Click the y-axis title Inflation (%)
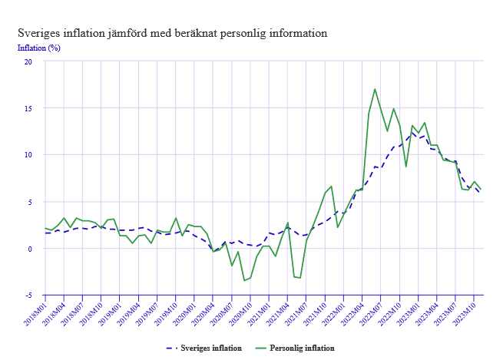point(38,48)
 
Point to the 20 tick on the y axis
point(28,61)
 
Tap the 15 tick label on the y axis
point(28,108)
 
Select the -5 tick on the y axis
point(29,295)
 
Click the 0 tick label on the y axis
point(31,249)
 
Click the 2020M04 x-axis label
point(205,312)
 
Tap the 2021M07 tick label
point(299,312)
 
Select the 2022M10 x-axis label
point(392,312)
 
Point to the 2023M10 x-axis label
point(468,312)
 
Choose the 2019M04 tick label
point(130,312)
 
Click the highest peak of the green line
point(375,89)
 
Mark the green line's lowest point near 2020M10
point(244,280)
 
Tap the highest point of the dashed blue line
point(412,131)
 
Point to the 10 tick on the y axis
point(28,155)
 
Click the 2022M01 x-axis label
point(336,312)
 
